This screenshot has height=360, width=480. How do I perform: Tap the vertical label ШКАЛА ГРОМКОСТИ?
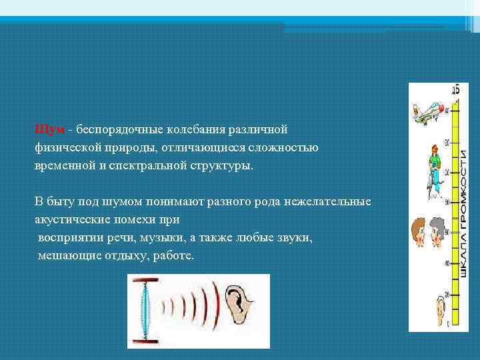463,213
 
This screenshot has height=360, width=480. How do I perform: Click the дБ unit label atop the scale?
455,89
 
